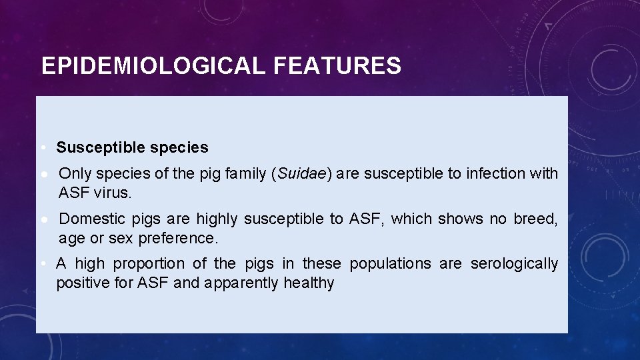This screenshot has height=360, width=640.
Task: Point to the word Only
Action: pyautogui.click(x=75, y=174)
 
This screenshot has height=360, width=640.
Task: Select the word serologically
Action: pyautogui.click(x=514, y=263)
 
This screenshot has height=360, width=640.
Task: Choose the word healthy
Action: pyautogui.click(x=309, y=283)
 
